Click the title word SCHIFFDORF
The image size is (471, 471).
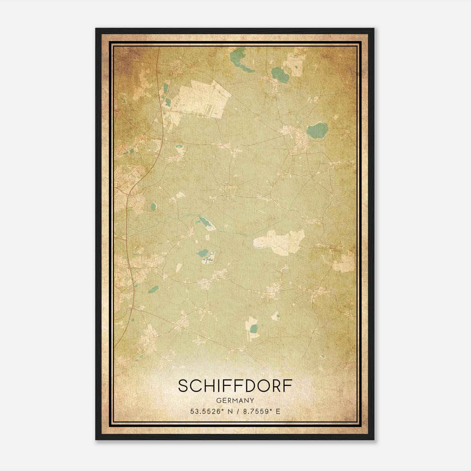point(235,386)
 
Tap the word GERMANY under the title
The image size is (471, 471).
point(235,400)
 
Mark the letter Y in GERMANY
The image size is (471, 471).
point(252,400)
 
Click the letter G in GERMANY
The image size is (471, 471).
point(218,400)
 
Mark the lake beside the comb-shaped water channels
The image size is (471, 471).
point(202,252)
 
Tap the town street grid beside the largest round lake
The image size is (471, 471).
point(296,140)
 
